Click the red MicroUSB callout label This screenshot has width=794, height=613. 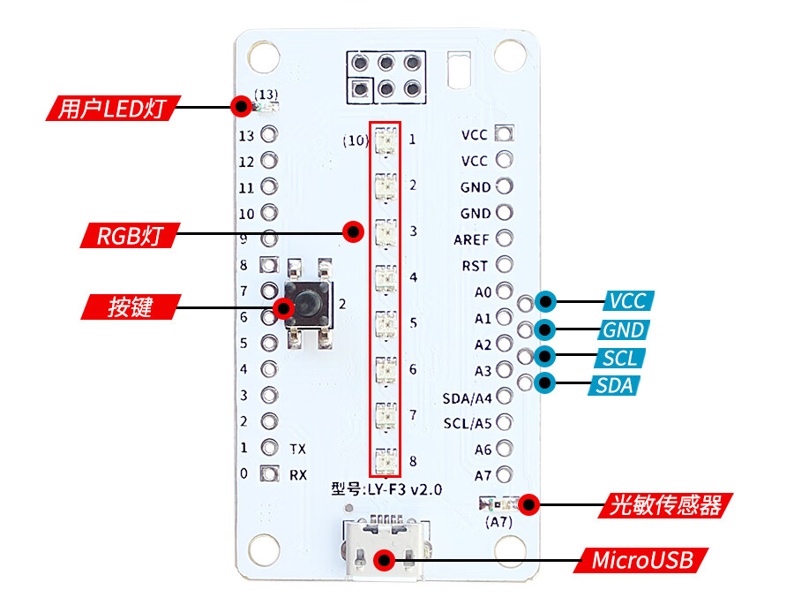[x=642, y=560]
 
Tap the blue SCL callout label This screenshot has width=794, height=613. [x=621, y=358]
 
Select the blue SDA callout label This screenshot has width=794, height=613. [x=615, y=385]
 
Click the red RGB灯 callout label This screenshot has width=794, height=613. [x=128, y=236]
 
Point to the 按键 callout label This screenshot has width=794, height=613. [x=131, y=307]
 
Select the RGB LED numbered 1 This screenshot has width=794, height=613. [x=386, y=140]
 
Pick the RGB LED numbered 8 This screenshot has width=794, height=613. [x=386, y=460]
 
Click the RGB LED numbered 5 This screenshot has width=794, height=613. [x=386, y=323]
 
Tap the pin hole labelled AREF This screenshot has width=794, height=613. [x=505, y=238]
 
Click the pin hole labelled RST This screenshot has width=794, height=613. [x=505, y=264]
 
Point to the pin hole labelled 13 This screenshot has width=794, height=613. [x=270, y=135]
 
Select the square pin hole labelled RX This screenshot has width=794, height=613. [x=270, y=473]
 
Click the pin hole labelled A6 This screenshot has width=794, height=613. [x=505, y=449]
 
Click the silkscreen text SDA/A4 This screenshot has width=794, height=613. [x=467, y=397]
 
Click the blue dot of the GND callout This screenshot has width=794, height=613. [x=547, y=330]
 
